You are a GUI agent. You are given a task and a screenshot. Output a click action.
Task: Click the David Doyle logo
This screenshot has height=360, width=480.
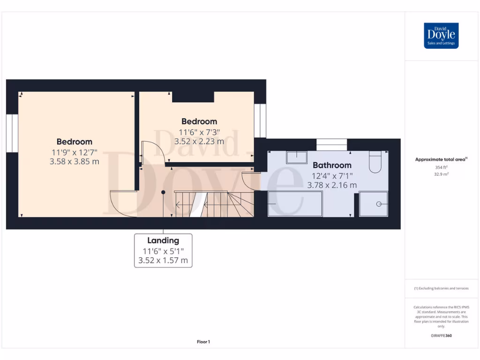point(441,36)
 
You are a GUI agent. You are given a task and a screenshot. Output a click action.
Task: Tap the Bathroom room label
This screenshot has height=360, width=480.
point(332,165)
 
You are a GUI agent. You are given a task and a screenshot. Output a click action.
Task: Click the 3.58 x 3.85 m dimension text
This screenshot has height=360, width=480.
point(75,162)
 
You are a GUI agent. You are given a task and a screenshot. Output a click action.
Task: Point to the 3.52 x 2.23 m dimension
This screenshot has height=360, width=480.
point(199,141)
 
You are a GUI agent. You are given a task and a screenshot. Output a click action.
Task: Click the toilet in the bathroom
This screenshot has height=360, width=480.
point(376,162)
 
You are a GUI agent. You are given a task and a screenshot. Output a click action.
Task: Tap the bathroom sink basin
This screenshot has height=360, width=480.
point(297,157)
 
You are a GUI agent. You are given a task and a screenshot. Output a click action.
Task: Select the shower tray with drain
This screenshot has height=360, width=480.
point(374,204)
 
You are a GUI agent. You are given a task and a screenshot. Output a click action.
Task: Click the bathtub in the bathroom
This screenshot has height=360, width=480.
point(295,204)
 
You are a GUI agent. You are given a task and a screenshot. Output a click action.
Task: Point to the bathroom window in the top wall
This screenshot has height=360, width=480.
point(331,144)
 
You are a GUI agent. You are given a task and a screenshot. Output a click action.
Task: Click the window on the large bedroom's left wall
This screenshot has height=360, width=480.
point(12,133)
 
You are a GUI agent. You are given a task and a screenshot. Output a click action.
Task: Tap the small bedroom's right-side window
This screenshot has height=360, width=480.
point(260,120)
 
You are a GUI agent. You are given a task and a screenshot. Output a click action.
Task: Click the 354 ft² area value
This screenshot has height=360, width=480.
point(441,167)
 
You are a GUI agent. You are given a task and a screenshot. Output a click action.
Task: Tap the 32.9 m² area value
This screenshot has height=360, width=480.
point(441,173)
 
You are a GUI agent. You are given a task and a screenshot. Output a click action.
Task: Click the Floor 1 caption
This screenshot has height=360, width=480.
point(203,342)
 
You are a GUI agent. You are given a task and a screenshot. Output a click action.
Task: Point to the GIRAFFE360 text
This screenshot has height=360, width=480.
point(441,336)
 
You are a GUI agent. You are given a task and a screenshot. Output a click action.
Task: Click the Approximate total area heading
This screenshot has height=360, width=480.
point(440,159)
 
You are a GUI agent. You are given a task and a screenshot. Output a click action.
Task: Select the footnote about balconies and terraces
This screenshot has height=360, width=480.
point(441,288)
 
